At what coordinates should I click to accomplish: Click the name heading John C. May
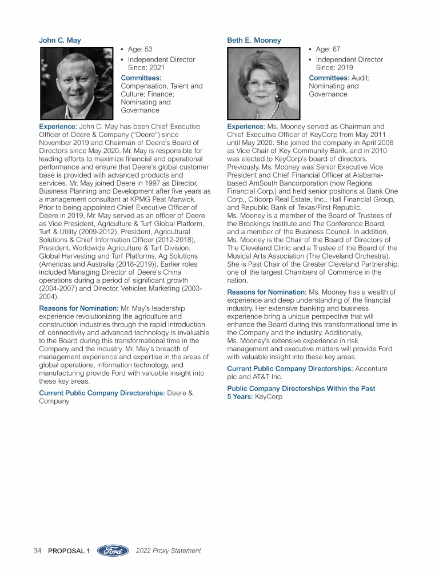tap(60, 41)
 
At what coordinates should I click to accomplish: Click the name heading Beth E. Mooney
tap(254, 41)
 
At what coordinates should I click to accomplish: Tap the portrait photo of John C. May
tap(77, 82)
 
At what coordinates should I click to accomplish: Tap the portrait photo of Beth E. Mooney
tap(264, 82)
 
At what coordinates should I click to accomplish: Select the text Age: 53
tap(140, 50)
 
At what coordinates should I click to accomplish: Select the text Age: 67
tap(328, 50)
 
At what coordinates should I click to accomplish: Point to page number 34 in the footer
tap(38, 551)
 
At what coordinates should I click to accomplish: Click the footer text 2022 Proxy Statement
tap(169, 551)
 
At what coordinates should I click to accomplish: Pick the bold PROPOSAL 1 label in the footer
tap(70, 551)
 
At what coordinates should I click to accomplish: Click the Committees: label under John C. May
tap(141, 78)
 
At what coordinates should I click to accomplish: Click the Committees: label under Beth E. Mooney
tap(329, 78)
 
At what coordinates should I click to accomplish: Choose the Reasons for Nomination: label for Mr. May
tap(78, 308)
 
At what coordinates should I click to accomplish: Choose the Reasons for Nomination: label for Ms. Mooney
tap(267, 292)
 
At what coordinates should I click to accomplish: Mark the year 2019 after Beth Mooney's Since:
tap(344, 68)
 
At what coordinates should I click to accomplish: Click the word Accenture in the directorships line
tap(372, 369)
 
